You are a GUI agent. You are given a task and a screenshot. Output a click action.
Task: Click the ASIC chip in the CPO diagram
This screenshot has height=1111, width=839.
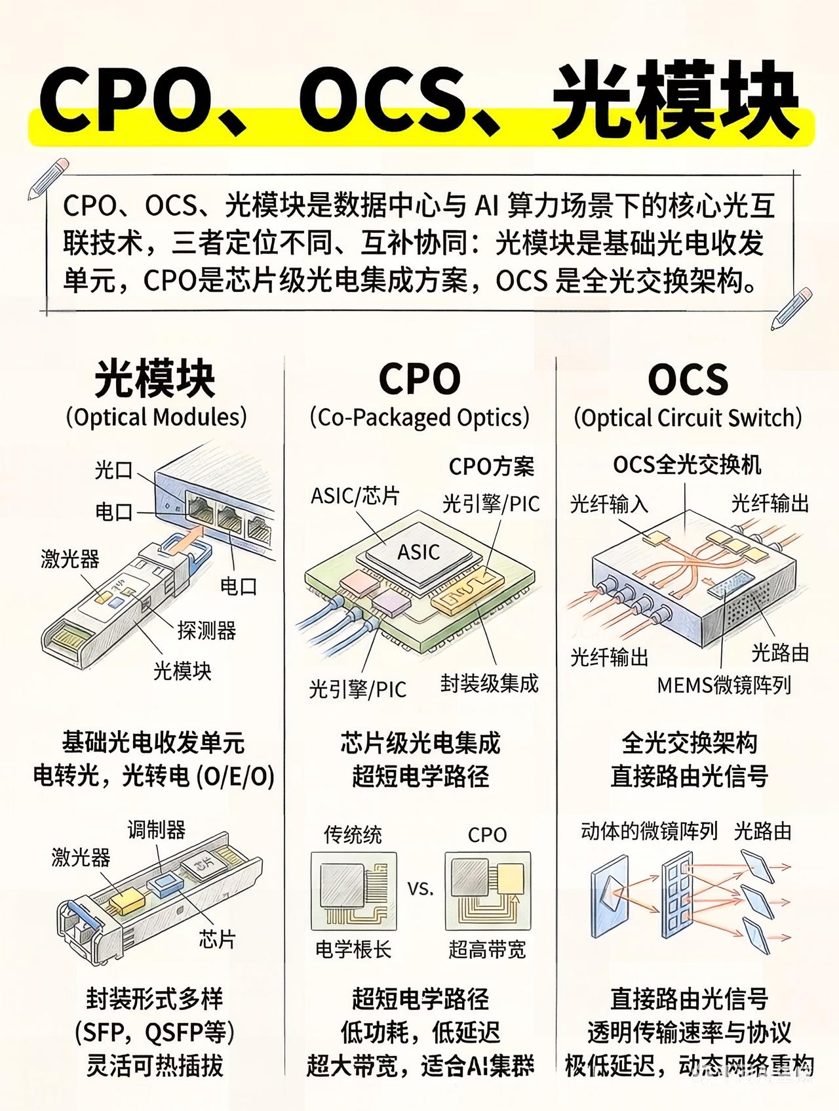418,552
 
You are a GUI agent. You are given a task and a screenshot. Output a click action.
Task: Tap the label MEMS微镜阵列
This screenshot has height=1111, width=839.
724,685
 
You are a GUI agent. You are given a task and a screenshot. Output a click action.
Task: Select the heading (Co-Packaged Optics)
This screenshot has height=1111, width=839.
419,418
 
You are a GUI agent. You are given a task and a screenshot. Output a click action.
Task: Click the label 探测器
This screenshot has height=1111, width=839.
206,631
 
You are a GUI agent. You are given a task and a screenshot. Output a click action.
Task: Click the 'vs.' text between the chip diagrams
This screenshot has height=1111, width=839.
421,889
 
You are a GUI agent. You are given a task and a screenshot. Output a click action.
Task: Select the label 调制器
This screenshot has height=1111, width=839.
156,830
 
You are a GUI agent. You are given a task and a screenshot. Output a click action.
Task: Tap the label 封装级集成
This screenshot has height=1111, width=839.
489,683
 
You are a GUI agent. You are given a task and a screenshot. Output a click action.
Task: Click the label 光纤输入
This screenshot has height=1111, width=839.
609,504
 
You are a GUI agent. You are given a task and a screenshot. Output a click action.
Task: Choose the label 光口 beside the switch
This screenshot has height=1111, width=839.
113,470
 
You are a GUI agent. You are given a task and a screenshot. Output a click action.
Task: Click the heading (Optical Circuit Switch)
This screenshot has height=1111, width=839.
688,418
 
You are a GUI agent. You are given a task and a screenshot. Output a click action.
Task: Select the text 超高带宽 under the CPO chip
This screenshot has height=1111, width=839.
487,949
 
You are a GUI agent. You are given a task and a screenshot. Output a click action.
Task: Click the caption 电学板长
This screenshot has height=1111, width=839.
353,949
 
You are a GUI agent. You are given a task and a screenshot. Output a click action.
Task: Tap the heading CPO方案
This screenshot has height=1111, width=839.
491,466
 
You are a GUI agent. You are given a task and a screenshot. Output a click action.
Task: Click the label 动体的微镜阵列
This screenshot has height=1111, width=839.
649,832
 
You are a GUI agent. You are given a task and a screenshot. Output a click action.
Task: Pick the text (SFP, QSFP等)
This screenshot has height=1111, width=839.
155,1033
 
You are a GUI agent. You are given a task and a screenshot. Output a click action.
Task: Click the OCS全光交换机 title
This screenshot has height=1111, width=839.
687,465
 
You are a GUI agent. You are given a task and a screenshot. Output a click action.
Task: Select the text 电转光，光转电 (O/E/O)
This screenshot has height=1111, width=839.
154,777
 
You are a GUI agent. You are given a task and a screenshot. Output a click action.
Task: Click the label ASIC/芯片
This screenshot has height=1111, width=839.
355,496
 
